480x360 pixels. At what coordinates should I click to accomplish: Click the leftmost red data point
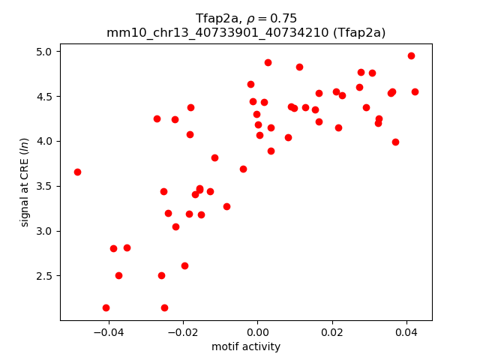click(77, 172)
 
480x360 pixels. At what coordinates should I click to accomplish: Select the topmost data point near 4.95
click(411, 55)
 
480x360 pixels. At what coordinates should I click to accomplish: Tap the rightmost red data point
click(415, 91)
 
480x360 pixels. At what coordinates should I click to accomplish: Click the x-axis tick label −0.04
click(109, 331)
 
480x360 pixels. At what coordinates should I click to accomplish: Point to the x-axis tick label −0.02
click(183, 331)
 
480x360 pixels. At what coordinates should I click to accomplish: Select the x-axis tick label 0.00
click(257, 331)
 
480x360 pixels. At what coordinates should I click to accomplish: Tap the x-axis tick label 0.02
click(331, 331)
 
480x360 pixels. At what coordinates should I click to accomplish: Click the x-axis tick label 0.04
click(406, 331)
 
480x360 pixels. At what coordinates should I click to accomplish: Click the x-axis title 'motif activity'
click(246, 346)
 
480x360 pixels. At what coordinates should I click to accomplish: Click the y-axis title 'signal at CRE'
click(25, 182)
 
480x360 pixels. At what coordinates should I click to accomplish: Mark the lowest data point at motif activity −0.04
click(106, 307)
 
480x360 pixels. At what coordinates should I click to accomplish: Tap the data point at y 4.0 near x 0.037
click(395, 142)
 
